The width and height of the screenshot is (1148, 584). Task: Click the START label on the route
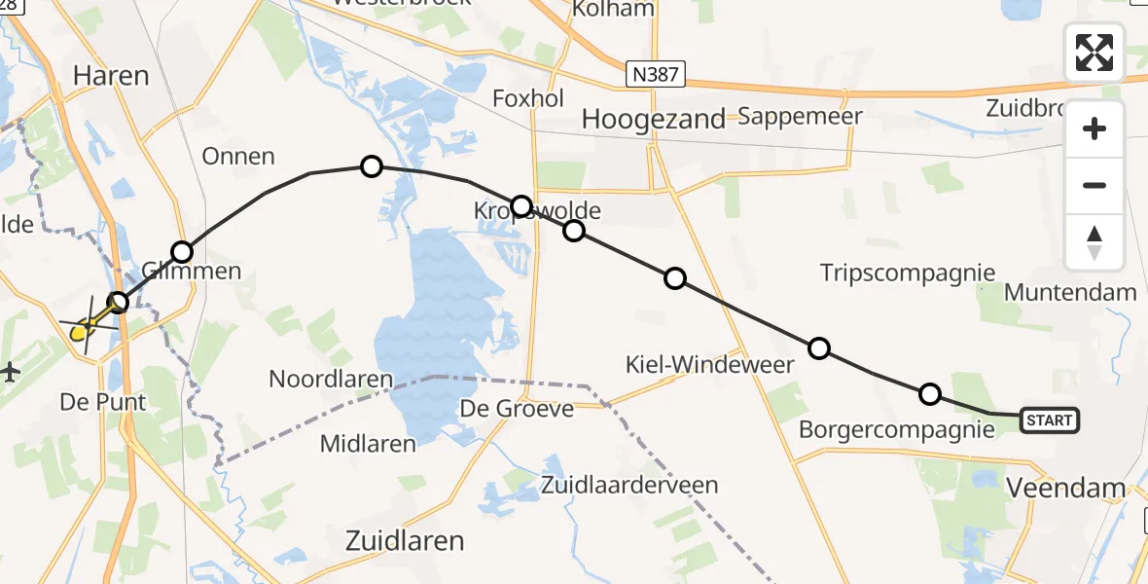(x=1049, y=420)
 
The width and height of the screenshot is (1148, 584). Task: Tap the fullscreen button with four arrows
(x=1094, y=53)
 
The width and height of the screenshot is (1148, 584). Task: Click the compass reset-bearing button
(x=1094, y=242)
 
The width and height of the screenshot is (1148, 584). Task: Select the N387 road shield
(x=655, y=73)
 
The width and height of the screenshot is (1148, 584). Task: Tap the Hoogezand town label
(x=653, y=119)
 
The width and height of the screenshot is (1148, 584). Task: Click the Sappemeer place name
(x=800, y=117)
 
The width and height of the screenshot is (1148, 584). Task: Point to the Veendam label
(x=1065, y=489)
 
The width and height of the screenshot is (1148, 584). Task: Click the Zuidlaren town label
(x=406, y=540)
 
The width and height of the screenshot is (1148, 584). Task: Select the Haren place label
(x=110, y=75)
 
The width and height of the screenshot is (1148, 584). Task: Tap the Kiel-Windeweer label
(x=709, y=365)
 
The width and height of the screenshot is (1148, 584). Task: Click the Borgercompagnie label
(x=896, y=429)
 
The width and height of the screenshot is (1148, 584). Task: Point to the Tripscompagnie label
(x=908, y=273)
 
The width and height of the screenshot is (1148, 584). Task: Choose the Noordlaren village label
(x=331, y=379)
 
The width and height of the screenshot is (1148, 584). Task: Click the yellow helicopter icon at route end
(x=85, y=329)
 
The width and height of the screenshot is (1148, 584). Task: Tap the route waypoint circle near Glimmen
(x=182, y=253)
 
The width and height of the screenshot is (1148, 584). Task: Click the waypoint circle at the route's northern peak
(x=371, y=166)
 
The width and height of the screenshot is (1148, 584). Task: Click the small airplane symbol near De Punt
(x=10, y=371)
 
